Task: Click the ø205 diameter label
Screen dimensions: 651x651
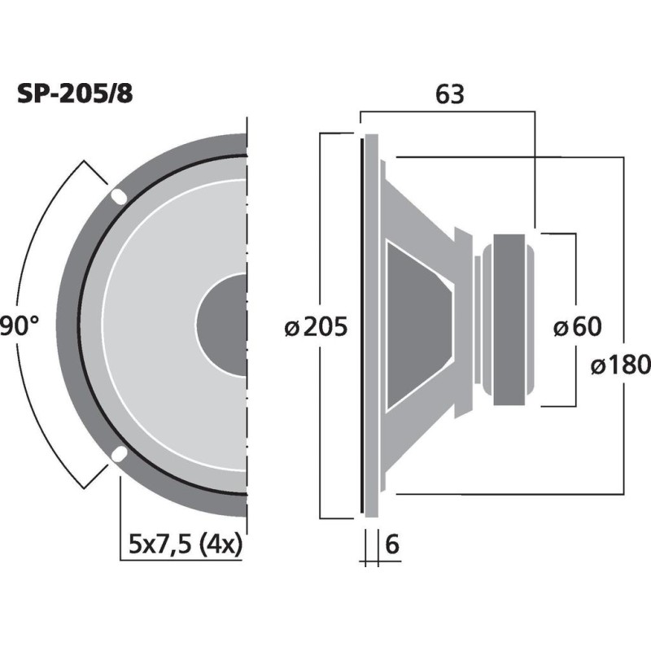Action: [316, 327]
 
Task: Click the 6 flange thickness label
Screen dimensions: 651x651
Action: [391, 544]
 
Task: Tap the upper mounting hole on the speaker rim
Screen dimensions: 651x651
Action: [119, 196]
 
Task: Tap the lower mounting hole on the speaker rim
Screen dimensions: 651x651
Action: [119, 454]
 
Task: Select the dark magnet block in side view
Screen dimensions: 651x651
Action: [510, 320]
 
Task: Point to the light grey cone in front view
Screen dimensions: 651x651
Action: [146, 325]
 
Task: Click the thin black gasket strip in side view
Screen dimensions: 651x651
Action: [360, 325]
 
